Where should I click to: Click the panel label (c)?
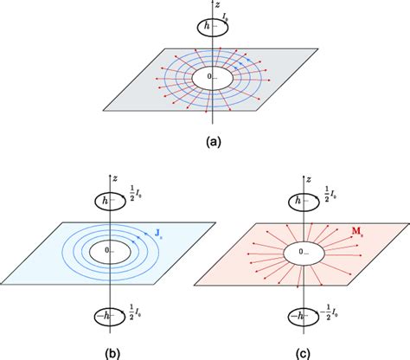tap(307, 350)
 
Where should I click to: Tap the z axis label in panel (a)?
tap(217, 5)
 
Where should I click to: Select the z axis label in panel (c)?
tap(314, 173)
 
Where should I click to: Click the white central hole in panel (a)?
tap(211, 79)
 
